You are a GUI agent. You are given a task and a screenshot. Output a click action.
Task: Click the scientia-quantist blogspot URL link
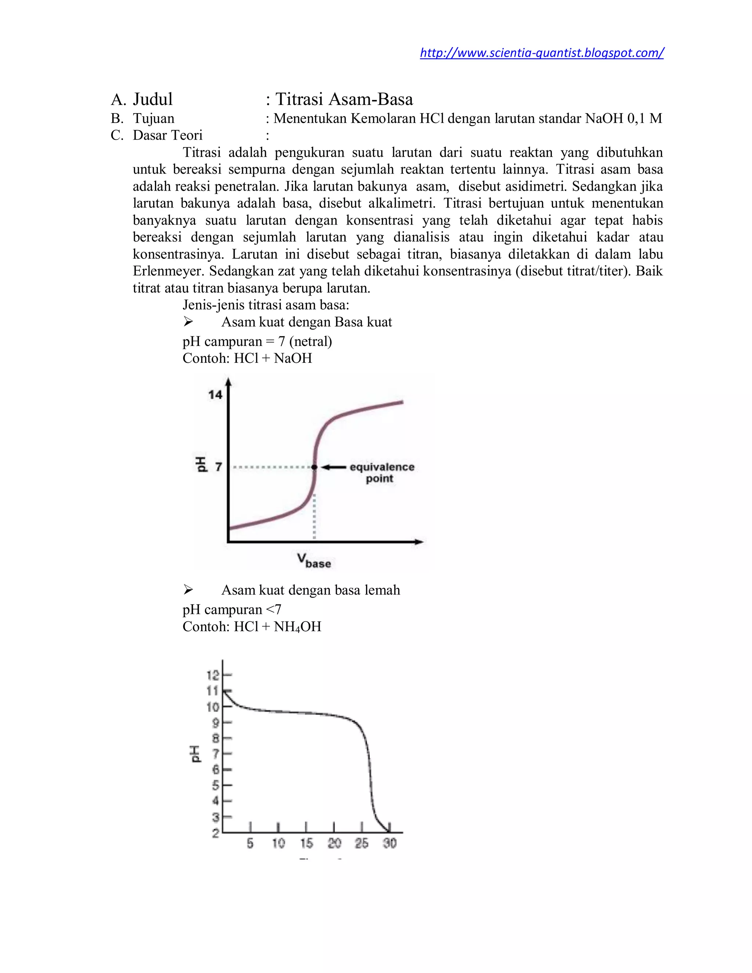pyautogui.click(x=541, y=53)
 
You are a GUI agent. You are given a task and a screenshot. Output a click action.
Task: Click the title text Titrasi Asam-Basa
pyautogui.click(x=344, y=99)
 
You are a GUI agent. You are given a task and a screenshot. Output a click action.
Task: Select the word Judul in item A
pyautogui.click(x=152, y=99)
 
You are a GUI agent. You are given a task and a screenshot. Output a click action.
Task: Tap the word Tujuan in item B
pyautogui.click(x=153, y=119)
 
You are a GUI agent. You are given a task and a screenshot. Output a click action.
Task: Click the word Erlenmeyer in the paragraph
pyautogui.click(x=169, y=271)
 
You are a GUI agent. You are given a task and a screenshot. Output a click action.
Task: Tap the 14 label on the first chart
pyautogui.click(x=215, y=394)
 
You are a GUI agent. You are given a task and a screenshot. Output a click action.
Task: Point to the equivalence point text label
pyautogui.click(x=382, y=473)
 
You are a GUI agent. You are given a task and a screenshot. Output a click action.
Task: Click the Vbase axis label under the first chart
pyautogui.click(x=314, y=560)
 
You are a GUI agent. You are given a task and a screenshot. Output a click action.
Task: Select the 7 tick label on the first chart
pyautogui.click(x=218, y=467)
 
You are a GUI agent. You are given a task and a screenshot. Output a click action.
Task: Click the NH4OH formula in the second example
pyautogui.click(x=297, y=626)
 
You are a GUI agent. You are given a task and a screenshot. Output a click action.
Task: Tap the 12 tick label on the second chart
pyautogui.click(x=213, y=675)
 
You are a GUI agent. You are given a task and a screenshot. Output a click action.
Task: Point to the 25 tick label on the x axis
pyautogui.click(x=362, y=843)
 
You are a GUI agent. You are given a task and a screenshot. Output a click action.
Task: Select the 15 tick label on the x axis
pyautogui.click(x=306, y=843)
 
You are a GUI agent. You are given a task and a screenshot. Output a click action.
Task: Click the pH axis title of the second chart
pyautogui.click(x=196, y=753)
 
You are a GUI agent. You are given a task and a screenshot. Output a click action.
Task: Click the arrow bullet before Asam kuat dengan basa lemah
pyautogui.click(x=188, y=590)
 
